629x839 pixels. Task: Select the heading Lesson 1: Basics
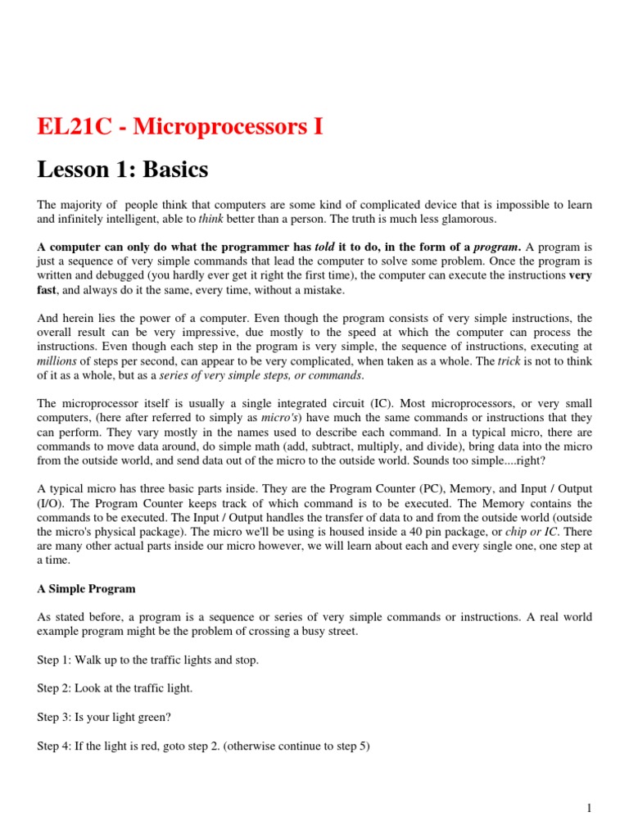pyautogui.click(x=123, y=170)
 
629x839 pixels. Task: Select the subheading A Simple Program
pyautogui.click(x=86, y=588)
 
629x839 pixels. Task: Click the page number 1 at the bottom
pyautogui.click(x=589, y=809)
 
